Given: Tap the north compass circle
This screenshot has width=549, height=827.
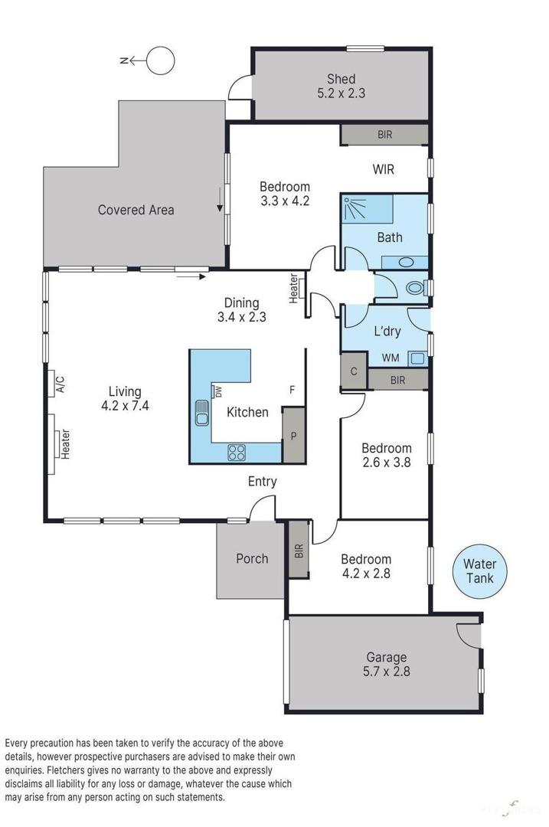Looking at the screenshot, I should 161,60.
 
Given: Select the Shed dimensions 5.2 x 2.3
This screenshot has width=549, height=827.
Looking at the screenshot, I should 341,93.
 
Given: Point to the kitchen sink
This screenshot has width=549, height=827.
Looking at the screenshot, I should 203,413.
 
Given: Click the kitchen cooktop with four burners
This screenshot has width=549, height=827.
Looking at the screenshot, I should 236,453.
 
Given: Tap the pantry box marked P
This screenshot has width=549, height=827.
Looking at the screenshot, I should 293,436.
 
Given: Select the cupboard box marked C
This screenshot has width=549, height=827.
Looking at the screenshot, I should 353,371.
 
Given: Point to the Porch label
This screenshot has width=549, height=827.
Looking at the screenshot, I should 252,558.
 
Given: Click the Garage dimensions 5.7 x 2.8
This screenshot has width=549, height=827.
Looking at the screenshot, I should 386,672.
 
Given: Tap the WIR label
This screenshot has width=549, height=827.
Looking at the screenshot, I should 383,169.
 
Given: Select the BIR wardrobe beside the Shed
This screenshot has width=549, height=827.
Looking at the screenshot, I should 384,135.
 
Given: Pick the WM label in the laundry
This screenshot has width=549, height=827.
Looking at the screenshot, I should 390,358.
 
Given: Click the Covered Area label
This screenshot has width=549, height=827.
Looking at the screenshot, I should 136,209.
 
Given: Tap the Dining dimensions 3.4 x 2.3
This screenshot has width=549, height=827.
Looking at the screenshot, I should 242,316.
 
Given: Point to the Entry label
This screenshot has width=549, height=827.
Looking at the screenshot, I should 262,482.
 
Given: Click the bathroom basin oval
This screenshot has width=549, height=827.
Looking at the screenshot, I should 407,263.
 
